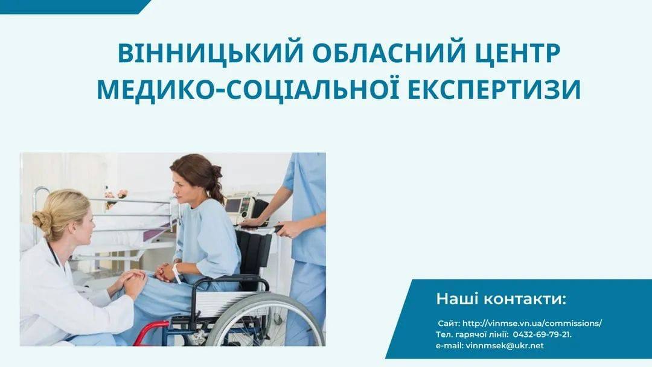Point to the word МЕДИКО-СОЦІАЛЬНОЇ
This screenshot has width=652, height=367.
pos(248,89)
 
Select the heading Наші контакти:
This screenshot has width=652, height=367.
pos(501,299)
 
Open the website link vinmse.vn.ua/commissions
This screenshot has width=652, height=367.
pos(532,323)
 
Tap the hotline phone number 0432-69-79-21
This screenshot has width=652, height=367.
pos(542,334)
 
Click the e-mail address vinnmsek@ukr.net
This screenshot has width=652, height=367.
pos(504,345)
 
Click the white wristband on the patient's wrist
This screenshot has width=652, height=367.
pos(177,272)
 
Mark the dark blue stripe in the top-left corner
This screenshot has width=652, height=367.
pos(75,7)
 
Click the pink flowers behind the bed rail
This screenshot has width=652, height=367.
pos(117,194)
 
